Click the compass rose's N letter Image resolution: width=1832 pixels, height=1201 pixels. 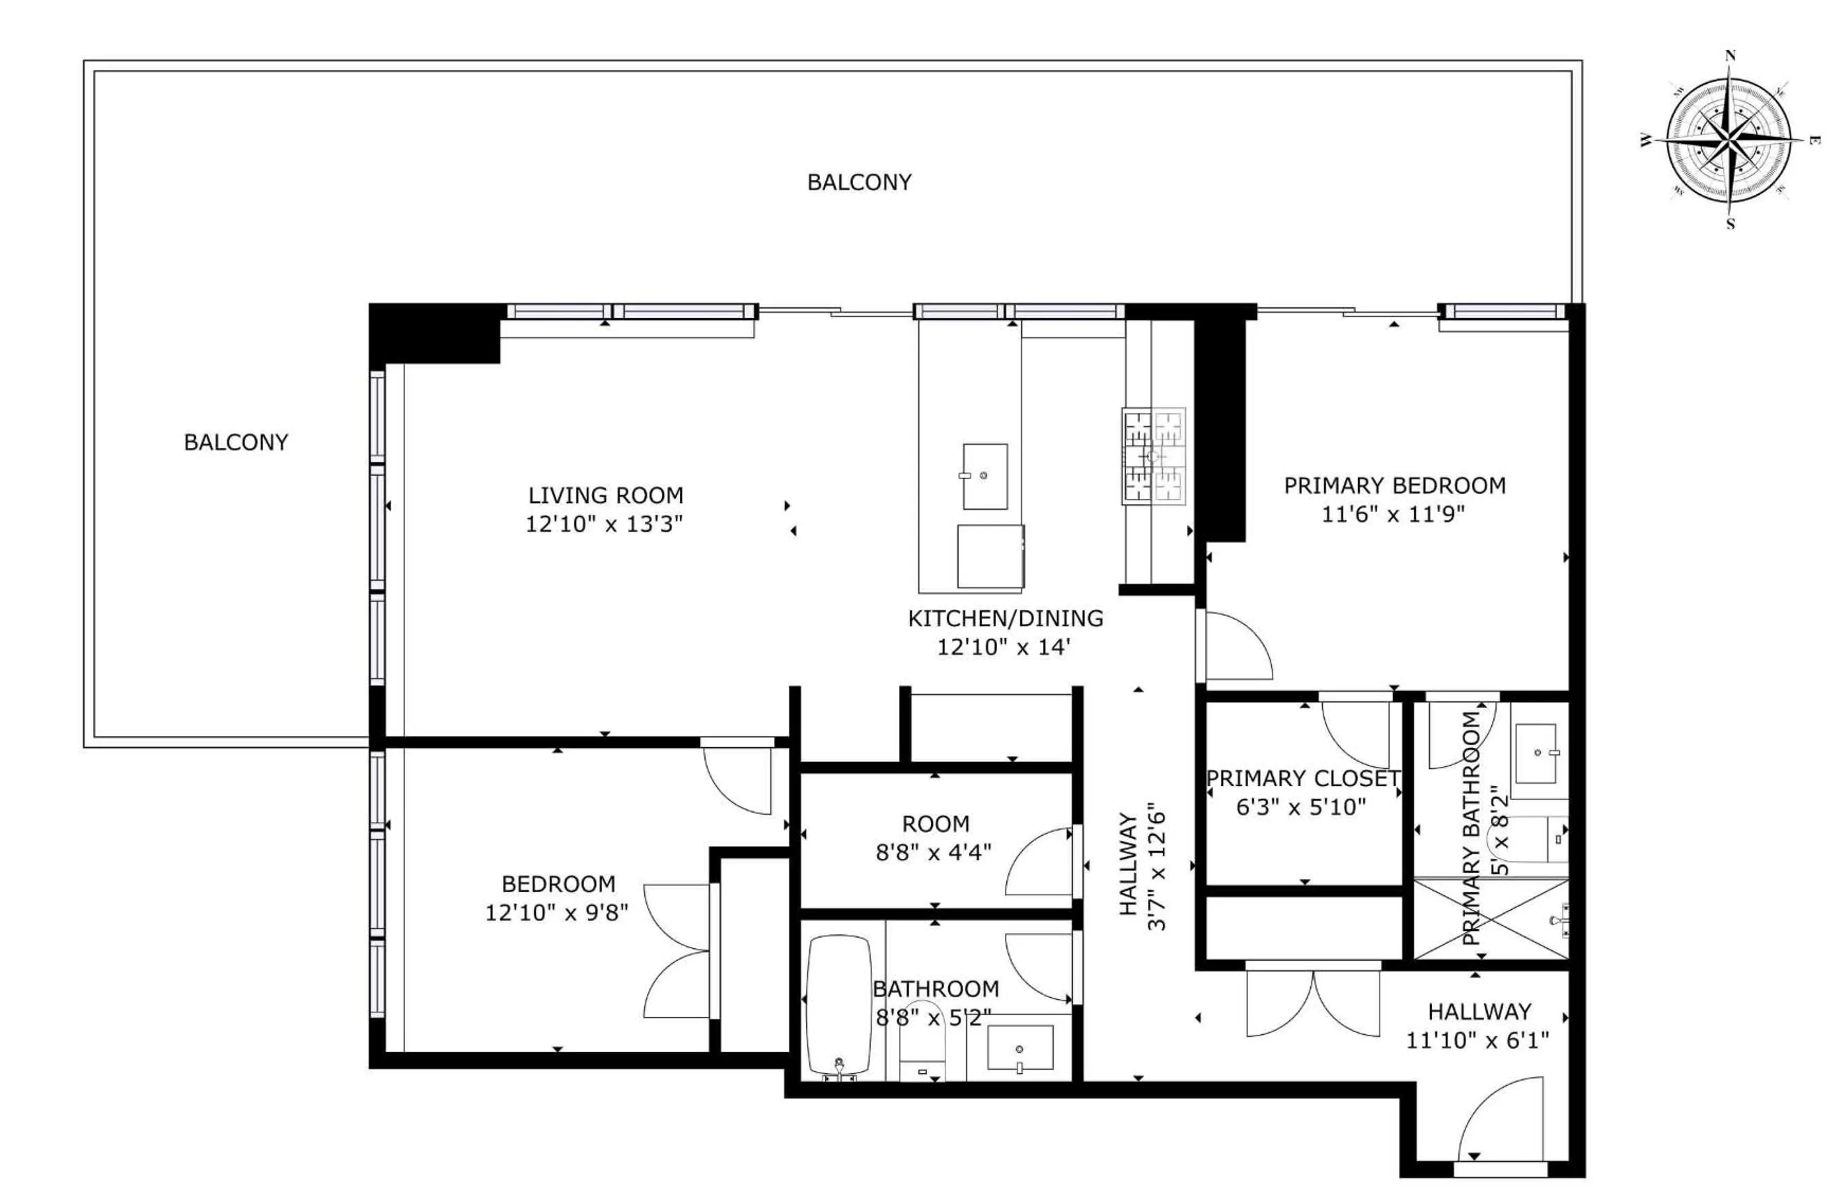coord(1730,55)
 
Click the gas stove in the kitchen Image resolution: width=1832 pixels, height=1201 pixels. coord(1152,457)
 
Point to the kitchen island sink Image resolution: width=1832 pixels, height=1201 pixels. coord(985,476)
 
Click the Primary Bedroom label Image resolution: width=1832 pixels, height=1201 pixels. coord(1394,486)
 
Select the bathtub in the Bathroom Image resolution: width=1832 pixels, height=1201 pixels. coord(839,1005)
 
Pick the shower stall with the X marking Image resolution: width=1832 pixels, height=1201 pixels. coord(1490,919)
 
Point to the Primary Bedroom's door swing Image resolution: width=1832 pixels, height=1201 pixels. coord(1236,647)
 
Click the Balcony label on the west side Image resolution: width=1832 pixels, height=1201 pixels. coord(236,442)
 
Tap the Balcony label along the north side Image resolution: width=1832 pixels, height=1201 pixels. coord(859,182)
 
